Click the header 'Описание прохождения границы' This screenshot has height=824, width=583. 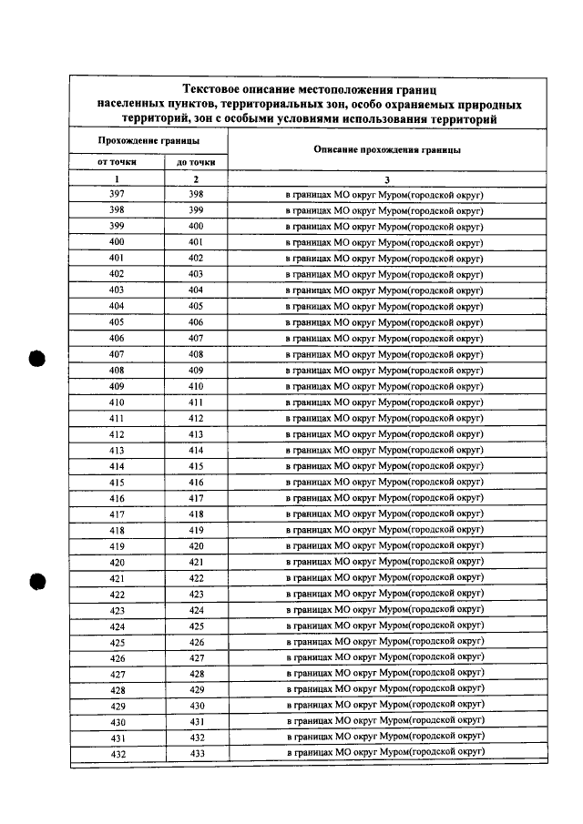(x=385, y=149)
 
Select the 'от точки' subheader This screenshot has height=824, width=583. (x=117, y=163)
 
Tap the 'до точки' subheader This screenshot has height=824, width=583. (x=195, y=163)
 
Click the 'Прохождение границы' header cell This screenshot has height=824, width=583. (x=148, y=141)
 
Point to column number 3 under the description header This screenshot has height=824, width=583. (x=385, y=179)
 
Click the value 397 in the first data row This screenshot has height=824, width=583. (x=117, y=195)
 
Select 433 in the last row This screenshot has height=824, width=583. (x=196, y=754)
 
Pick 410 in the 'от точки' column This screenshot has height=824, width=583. (x=117, y=402)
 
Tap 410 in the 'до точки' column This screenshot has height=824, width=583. (x=196, y=386)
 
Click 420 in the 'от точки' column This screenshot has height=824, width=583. (x=117, y=563)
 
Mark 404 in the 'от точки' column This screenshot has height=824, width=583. (x=117, y=307)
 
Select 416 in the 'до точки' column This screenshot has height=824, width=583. (x=196, y=483)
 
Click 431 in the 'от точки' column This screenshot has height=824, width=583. (x=117, y=738)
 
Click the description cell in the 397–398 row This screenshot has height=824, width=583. (x=385, y=195)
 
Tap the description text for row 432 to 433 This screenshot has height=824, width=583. (x=385, y=753)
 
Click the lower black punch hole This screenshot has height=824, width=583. (x=36, y=581)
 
